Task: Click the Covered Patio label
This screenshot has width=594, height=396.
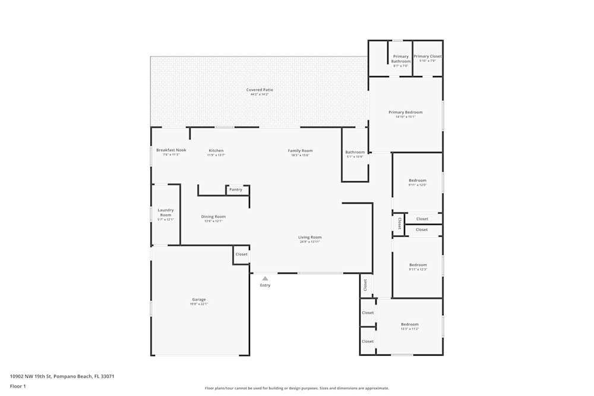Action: [260, 90]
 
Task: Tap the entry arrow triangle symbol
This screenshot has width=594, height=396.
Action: [265, 278]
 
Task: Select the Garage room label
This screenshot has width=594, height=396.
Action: [198, 299]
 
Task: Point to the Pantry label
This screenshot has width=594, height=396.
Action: [236, 189]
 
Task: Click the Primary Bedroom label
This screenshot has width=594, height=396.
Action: [406, 112]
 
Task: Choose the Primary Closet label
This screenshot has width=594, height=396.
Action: [428, 56]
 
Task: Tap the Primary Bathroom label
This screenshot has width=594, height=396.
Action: [401, 59]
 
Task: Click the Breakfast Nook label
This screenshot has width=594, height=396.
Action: [171, 150]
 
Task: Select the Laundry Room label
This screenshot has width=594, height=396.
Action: [166, 212]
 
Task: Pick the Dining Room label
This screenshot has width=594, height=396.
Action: [213, 217]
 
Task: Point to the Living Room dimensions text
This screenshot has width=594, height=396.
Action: [310, 242]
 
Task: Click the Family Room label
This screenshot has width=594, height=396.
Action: [300, 151]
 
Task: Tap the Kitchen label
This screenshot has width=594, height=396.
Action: [216, 151]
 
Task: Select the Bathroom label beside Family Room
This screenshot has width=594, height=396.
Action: [355, 152]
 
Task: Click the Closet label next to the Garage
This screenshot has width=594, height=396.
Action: [241, 254]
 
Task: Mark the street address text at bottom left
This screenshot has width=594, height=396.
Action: [62, 376]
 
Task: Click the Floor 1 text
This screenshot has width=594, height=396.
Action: [18, 386]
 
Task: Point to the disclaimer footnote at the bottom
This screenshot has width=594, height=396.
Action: [297, 388]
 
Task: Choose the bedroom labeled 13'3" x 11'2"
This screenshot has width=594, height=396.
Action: [410, 324]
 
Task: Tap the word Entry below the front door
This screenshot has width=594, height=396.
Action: [265, 285]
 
